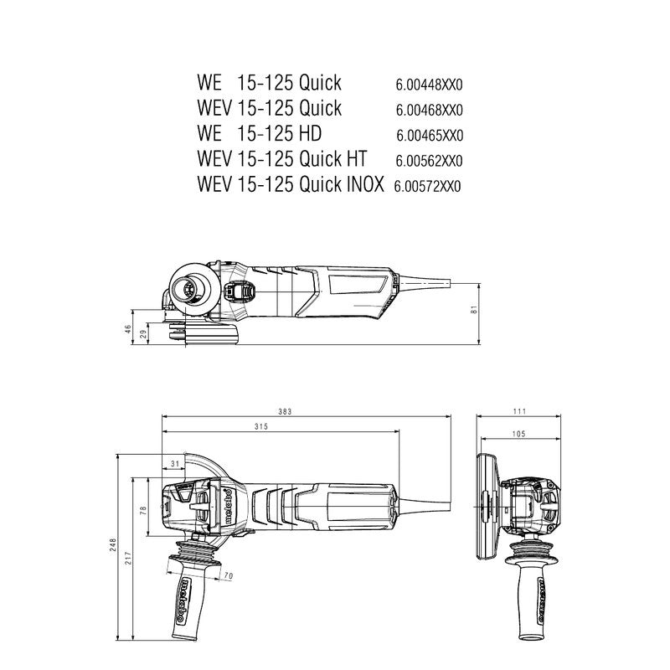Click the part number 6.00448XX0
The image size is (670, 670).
point(430,85)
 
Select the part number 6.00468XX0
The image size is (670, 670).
point(430,110)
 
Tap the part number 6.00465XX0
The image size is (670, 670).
point(430,135)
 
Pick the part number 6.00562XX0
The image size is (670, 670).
point(430,160)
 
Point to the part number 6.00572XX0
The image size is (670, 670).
point(429,186)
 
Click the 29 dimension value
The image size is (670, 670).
point(143,334)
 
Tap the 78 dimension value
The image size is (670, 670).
point(143,509)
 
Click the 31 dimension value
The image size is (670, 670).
point(175,463)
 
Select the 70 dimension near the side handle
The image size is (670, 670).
point(227,576)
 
